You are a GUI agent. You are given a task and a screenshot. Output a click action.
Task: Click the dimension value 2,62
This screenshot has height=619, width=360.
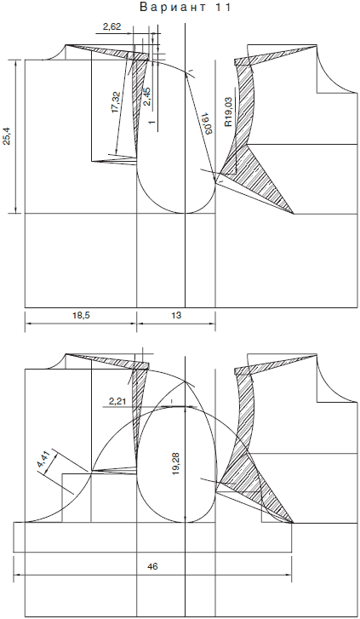coord(111,27)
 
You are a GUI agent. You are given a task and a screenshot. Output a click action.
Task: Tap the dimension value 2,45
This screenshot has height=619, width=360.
coord(146,96)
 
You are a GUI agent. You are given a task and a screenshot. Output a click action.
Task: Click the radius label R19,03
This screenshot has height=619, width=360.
coord(228,112)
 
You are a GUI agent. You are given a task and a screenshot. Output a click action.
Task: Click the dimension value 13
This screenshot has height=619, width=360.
coord(176,316)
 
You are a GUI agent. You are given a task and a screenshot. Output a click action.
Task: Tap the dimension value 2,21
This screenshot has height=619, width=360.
coord(117,402)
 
